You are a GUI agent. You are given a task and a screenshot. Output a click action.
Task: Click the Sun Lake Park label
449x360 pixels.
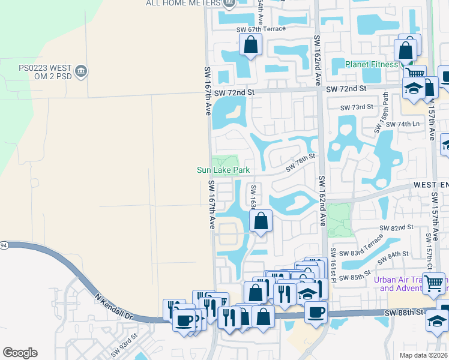223,170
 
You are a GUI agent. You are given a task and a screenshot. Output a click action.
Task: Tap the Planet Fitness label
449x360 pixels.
372,64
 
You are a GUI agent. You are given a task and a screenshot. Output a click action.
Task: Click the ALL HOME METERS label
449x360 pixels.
181,3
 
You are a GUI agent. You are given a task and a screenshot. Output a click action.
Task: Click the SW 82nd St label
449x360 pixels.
397,227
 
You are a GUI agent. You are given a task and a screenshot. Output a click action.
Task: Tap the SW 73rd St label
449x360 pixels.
357,107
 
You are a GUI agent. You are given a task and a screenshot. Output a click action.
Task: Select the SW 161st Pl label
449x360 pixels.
330,265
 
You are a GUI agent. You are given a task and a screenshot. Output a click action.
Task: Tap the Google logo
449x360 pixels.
20,353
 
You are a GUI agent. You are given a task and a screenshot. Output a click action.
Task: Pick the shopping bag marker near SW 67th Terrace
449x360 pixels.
250,44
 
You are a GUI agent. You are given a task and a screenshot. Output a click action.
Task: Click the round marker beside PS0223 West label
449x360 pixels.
82,72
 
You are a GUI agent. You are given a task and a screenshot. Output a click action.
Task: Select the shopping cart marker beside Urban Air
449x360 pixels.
434,282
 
